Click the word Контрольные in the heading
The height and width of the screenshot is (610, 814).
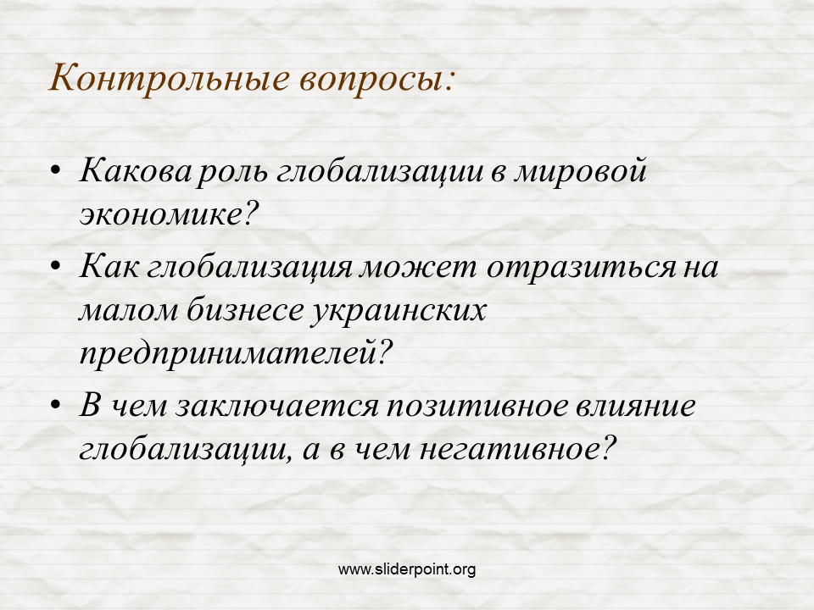tap(170, 79)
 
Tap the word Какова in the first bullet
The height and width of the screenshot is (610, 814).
tap(136, 170)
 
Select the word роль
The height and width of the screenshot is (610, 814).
tap(232, 173)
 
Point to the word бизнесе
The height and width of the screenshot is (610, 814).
tap(245, 310)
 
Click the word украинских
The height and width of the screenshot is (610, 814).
tap(399, 312)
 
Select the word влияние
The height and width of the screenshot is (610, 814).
tap(635, 406)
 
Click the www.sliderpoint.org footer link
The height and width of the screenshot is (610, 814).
tap(407, 569)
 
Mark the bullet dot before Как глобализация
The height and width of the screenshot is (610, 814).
tap(56, 266)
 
